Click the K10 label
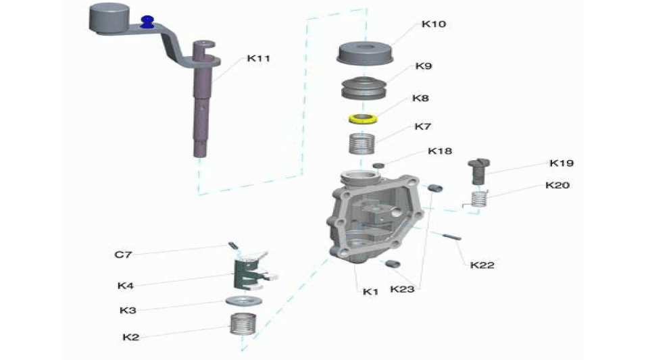[x=434, y=24]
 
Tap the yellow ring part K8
[x=362, y=119]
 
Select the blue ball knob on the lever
[x=147, y=22]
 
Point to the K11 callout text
[x=259, y=59]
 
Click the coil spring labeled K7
[x=362, y=144]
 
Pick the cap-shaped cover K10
[x=365, y=53]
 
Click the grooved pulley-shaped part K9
[x=364, y=88]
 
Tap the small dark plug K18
[x=378, y=165]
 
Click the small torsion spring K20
[x=478, y=199]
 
